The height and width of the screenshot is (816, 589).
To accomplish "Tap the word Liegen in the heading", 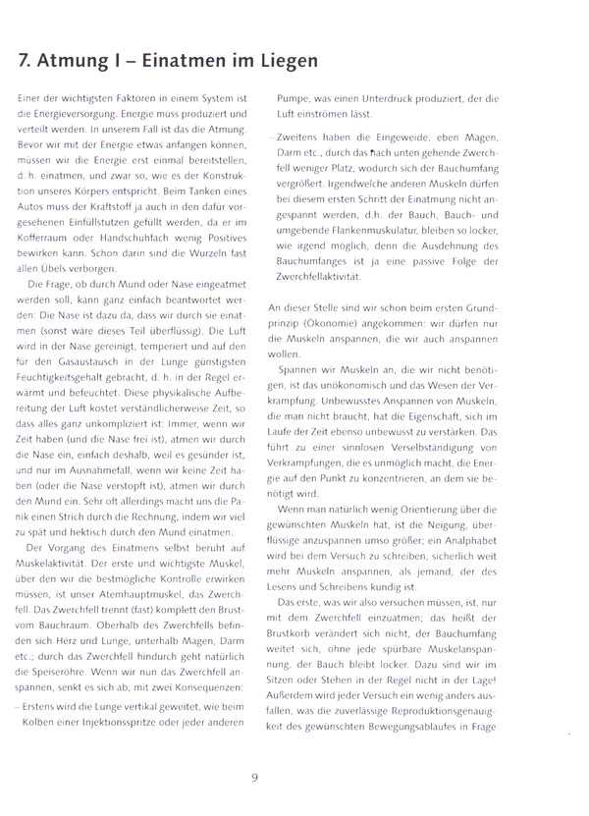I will pos(286,61).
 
